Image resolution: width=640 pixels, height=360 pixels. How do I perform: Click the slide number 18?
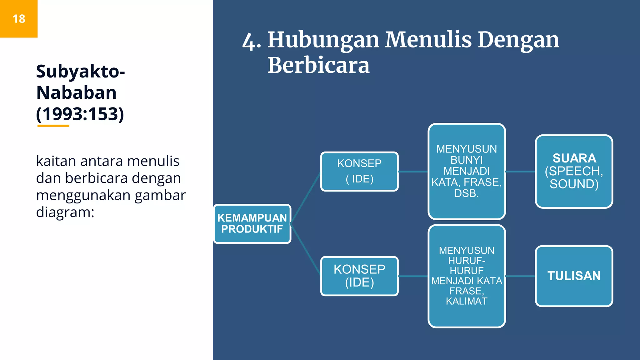pyautogui.click(x=19, y=19)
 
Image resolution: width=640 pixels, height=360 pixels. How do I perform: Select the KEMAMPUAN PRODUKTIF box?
pyautogui.click(x=252, y=223)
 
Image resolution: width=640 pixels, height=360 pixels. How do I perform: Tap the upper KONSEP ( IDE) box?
pyautogui.click(x=359, y=171)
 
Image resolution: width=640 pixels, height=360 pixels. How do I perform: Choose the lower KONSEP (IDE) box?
pyautogui.click(x=359, y=276)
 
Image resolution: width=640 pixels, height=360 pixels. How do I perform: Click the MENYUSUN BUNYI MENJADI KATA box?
pyautogui.click(x=467, y=171)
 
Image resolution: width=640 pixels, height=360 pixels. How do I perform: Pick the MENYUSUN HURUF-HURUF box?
pyautogui.click(x=467, y=276)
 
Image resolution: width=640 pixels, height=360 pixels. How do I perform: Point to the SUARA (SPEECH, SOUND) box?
pyautogui.click(x=574, y=171)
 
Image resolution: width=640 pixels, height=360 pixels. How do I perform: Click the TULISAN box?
pyautogui.click(x=574, y=276)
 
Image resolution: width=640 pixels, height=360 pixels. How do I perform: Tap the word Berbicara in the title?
pyautogui.click(x=318, y=65)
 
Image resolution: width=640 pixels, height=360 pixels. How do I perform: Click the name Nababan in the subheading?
pyautogui.click(x=77, y=92)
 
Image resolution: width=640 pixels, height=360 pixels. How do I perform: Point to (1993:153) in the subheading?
pyautogui.click(x=80, y=114)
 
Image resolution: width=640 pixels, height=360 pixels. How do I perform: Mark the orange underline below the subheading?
pyautogui.click(x=53, y=126)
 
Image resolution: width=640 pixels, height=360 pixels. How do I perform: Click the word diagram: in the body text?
pyautogui.click(x=65, y=212)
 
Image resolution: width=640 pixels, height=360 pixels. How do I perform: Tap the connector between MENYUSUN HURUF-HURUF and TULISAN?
pyautogui.click(x=520, y=276)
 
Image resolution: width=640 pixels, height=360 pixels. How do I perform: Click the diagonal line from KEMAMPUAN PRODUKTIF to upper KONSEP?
pyautogui.click(x=306, y=197)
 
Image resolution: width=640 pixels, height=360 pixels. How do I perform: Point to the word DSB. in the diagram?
pyautogui.click(x=467, y=193)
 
